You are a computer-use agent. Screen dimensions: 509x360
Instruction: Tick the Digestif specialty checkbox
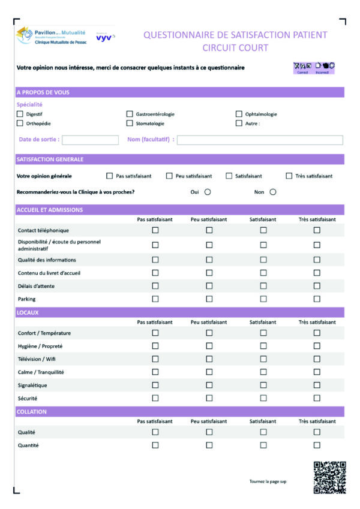[x=20, y=114]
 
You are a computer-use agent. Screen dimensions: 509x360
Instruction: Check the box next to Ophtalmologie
[x=239, y=114]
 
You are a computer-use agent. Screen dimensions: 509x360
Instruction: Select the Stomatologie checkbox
[x=130, y=124]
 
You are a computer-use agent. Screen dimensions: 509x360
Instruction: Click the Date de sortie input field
[x=90, y=140]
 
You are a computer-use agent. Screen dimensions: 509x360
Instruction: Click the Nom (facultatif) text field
[x=259, y=140]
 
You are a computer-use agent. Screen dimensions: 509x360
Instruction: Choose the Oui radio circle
[x=208, y=192]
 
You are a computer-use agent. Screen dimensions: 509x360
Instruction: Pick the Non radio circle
[x=272, y=192]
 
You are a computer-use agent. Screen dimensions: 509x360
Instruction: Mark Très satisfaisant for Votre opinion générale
[x=289, y=176]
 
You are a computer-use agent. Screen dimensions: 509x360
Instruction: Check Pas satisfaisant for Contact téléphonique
[x=155, y=230]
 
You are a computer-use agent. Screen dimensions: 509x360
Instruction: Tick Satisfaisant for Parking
[x=263, y=299]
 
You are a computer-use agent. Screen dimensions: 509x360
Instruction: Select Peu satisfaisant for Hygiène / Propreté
[x=209, y=346]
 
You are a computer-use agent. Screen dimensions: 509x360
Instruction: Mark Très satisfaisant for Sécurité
[x=317, y=397]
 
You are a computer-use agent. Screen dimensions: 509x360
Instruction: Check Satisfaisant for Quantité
[x=263, y=445]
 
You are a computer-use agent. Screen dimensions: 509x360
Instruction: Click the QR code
[x=329, y=477]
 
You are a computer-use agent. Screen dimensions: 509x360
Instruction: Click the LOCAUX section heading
[x=29, y=313]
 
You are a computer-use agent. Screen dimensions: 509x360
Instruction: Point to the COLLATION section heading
[x=31, y=412]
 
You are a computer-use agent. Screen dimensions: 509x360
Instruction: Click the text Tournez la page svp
[x=268, y=481]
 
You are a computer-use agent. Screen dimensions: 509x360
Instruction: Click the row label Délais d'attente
[x=37, y=286]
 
